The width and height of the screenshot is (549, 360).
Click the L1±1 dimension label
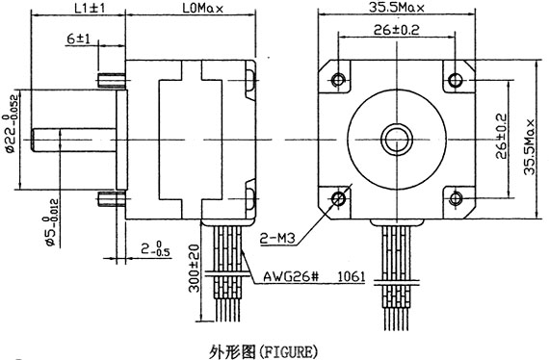click(x=90, y=8)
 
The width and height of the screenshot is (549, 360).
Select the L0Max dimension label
click(x=202, y=8)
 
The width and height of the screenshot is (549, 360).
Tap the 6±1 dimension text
click(x=78, y=39)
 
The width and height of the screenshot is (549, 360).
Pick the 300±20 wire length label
click(x=194, y=269)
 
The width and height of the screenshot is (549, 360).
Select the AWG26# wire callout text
click(x=291, y=277)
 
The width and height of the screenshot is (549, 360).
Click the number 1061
click(x=351, y=277)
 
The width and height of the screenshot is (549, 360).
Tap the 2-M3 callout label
click(x=277, y=239)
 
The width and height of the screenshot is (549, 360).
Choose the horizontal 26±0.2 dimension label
click(x=397, y=30)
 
